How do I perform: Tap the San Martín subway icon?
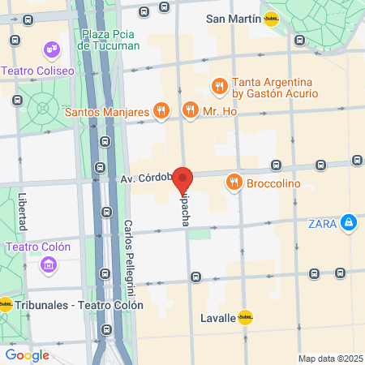click(x=272, y=20)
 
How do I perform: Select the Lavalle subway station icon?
click(x=245, y=319)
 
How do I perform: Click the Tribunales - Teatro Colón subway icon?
click(x=6, y=305)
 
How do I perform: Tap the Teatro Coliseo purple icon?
click(x=54, y=50)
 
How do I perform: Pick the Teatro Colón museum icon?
click(x=47, y=265)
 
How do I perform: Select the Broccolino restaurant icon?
click(x=234, y=182)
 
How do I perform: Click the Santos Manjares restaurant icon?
click(x=161, y=110)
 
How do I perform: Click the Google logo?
click(x=27, y=354)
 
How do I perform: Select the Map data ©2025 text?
click(x=330, y=359)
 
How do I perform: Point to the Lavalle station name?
click(x=217, y=319)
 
